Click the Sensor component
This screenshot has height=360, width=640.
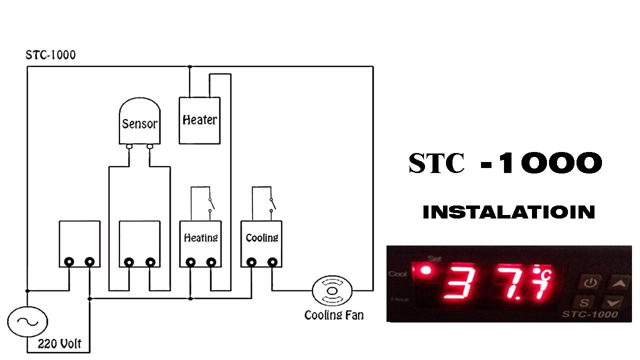(139, 123)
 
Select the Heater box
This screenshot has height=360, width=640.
(199, 120)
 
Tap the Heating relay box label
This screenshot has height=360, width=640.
(200, 237)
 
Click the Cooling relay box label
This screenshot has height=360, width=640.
(261, 237)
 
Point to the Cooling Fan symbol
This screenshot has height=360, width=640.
(332, 290)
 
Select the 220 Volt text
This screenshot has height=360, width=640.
(59, 344)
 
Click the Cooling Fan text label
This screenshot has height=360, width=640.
(334, 315)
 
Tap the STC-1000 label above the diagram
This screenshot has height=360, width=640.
(50, 55)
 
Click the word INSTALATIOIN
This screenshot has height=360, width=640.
(508, 212)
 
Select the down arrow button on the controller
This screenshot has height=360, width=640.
(613, 302)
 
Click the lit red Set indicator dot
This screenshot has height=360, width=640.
(426, 270)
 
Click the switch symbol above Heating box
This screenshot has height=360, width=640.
(210, 204)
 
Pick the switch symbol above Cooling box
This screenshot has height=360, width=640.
(272, 204)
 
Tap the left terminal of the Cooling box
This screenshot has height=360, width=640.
(251, 261)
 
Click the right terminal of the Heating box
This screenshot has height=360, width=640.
(211, 261)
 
